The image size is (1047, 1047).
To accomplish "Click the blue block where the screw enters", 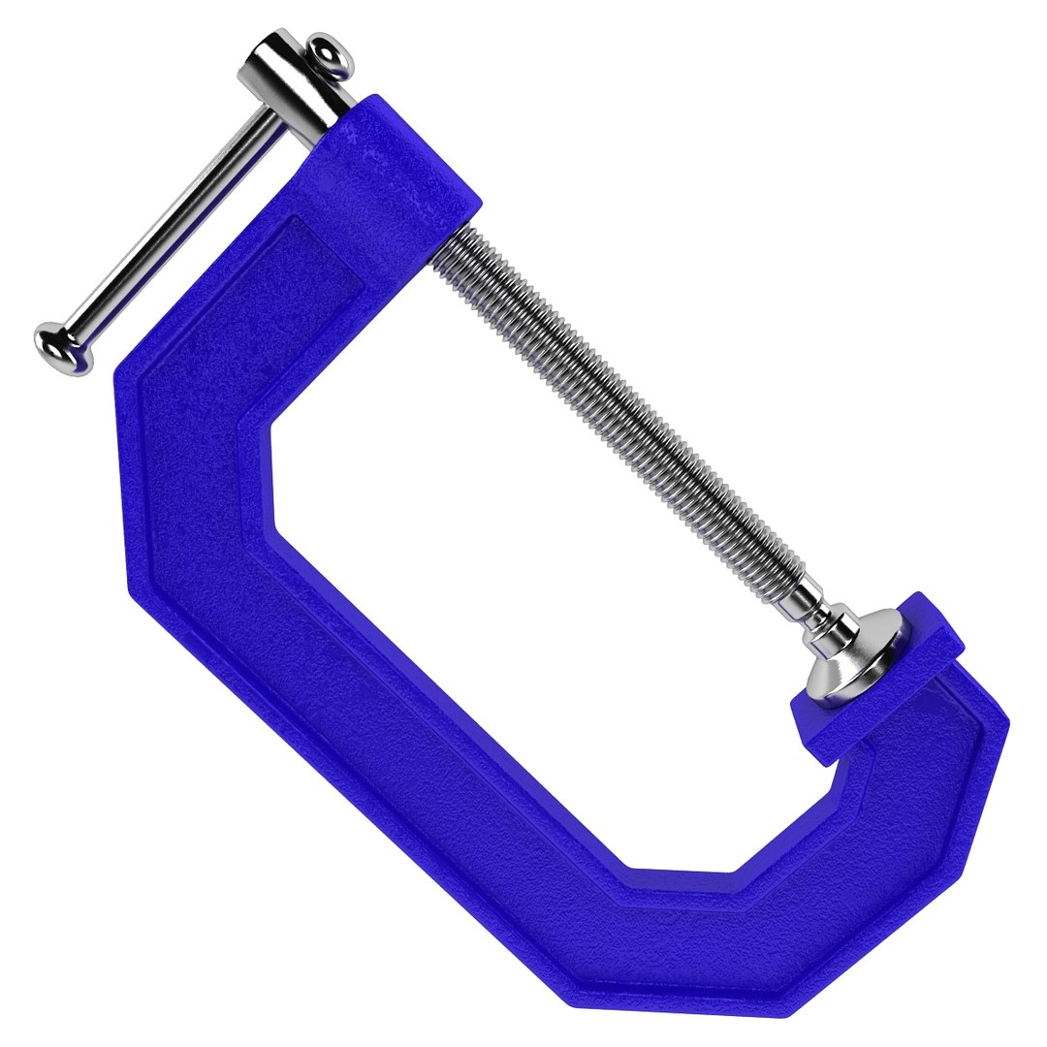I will [397, 174].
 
